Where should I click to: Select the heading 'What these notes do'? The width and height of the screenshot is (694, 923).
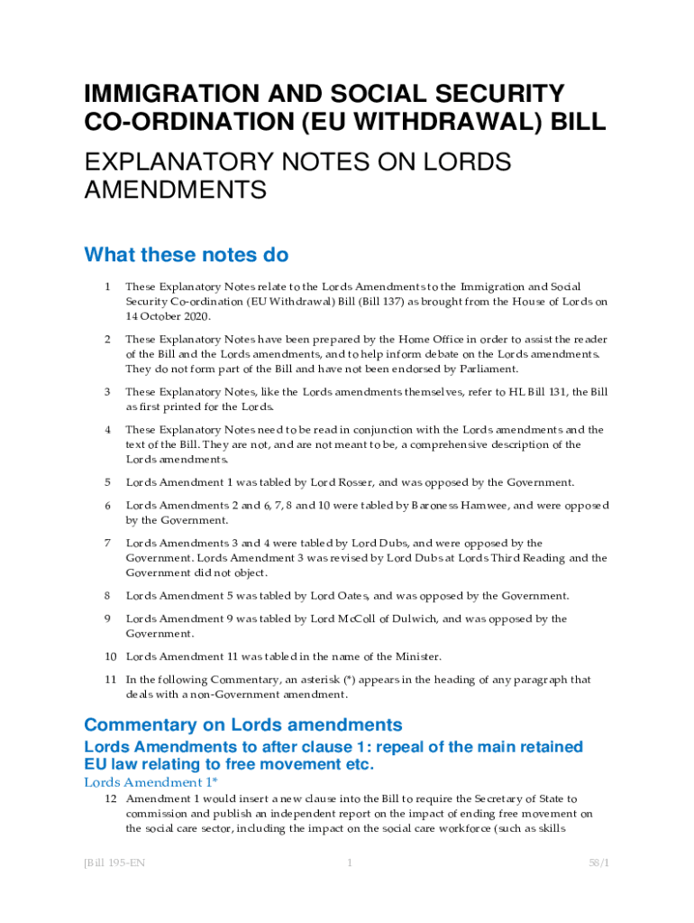(x=186, y=255)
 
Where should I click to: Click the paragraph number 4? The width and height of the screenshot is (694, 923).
(x=106, y=430)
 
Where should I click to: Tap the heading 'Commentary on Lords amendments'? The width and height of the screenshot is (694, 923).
(x=242, y=725)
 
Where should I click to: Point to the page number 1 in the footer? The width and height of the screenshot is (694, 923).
(x=349, y=864)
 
